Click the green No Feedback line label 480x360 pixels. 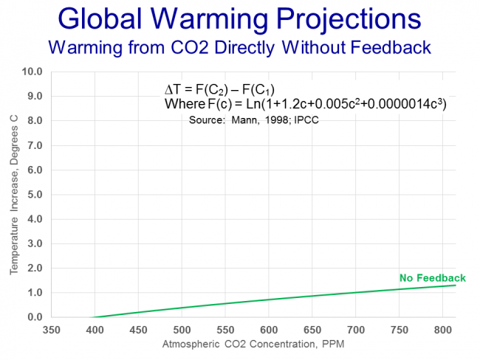tap(433, 278)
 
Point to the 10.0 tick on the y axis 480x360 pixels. tap(32, 72)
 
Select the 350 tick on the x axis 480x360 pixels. tap(51, 329)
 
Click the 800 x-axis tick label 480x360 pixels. tap(443, 329)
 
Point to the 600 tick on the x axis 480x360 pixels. tap(269, 329)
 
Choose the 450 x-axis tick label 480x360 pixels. tap(138, 329)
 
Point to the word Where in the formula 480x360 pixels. tap(182, 105)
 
